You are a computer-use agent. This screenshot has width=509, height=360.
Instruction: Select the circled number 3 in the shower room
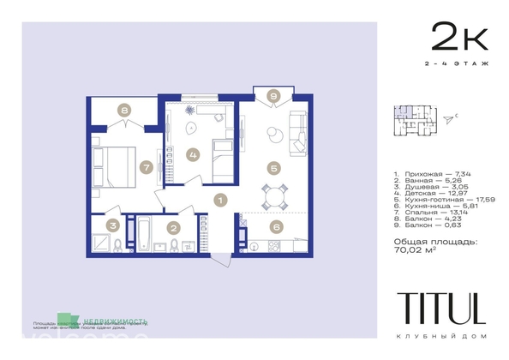[112, 226]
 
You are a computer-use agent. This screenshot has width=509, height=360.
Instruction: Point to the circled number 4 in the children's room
[193, 155]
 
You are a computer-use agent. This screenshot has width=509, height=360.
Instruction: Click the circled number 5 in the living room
[273, 169]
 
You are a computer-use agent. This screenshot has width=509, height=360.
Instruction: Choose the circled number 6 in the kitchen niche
[275, 227]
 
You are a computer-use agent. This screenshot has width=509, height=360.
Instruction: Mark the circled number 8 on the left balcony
[125, 111]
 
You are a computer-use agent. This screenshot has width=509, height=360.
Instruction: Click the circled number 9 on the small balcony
[273, 96]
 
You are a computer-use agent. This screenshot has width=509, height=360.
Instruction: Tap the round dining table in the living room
[275, 197]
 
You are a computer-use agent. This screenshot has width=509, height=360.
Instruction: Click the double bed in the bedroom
[112, 166]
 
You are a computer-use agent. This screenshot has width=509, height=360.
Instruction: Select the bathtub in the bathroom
[143, 233]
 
